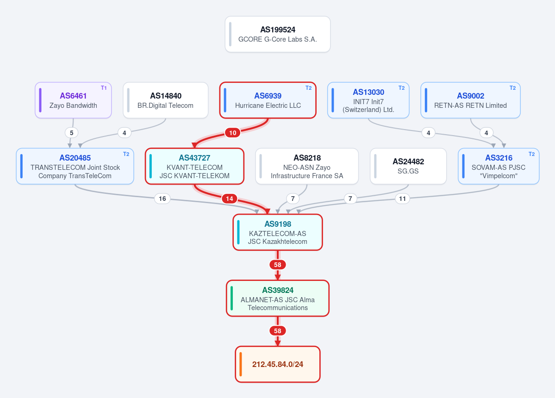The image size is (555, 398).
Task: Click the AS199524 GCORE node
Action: pyautogui.click(x=278, y=34)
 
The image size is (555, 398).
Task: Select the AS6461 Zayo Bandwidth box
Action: pyautogui.click(x=73, y=100)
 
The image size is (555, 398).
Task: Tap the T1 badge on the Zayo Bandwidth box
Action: pyautogui.click(x=104, y=88)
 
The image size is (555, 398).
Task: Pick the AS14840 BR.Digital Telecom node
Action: pyautogui.click(x=165, y=100)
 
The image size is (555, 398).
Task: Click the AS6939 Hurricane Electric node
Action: pyautogui.click(x=268, y=100)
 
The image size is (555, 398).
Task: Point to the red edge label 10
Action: pyautogui.click(x=232, y=133)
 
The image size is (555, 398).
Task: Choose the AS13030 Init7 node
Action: pyautogui.click(x=368, y=100)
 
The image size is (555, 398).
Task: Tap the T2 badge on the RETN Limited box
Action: pyautogui.click(x=512, y=88)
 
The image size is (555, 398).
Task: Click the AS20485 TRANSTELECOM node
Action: pyautogui.click(x=75, y=166)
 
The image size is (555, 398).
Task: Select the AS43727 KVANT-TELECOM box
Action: pyautogui.click(x=195, y=166)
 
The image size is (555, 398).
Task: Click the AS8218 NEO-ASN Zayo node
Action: pyautogui.click(x=307, y=166)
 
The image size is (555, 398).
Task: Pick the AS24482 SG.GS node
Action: pyautogui.click(x=408, y=166)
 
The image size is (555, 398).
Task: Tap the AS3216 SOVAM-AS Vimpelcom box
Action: pyautogui.click(x=499, y=166)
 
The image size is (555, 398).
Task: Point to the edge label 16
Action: pyautogui.click(x=162, y=199)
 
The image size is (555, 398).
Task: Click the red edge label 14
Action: pyautogui.click(x=230, y=199)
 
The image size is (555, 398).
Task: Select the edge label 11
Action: pyautogui.click(x=402, y=199)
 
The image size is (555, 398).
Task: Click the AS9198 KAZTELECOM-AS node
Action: pyautogui.click(x=278, y=232)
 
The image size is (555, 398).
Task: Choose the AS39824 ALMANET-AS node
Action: pyautogui.click(x=278, y=298)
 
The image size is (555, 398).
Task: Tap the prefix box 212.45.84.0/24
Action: pyautogui.click(x=278, y=364)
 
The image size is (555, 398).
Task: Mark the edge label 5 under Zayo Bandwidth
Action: pyautogui.click(x=71, y=133)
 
